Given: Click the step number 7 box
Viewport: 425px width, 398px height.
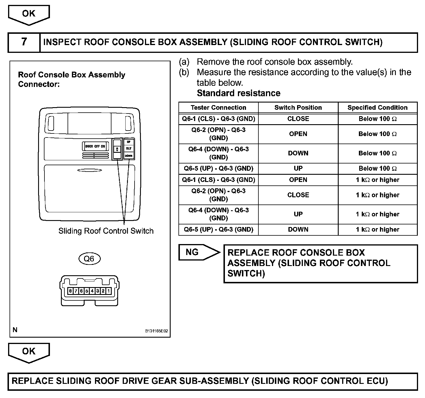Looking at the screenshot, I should [24, 42].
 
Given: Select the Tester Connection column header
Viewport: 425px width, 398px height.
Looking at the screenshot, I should [218, 108].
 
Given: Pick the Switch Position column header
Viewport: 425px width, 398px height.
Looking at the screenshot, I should [298, 108].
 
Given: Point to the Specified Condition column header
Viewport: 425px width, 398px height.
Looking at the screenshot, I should [377, 108].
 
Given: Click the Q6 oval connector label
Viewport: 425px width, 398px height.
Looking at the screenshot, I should [89, 259].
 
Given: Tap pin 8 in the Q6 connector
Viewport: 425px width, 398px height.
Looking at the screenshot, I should [70, 291].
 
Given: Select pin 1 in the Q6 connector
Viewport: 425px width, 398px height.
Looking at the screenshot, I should [108, 291].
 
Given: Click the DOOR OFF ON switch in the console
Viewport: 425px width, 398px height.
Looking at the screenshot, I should [95, 146].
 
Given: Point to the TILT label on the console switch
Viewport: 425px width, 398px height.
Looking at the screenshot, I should [128, 148].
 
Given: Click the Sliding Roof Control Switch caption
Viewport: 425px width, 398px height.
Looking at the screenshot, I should [106, 231].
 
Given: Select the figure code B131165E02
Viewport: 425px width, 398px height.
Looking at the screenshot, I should [156, 331].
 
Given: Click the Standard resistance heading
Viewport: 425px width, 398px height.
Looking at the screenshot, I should [238, 93].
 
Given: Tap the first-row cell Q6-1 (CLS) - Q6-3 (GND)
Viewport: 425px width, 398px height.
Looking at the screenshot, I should [218, 119].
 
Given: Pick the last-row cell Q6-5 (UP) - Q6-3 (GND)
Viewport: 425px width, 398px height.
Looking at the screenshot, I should [218, 230].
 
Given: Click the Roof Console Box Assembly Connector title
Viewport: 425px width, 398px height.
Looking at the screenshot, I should [72, 79].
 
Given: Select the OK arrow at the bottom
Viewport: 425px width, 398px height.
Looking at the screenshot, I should [29, 352].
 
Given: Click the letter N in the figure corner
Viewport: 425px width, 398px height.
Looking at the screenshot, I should [15, 330].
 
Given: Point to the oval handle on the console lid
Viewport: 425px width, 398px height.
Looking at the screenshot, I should [90, 170].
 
